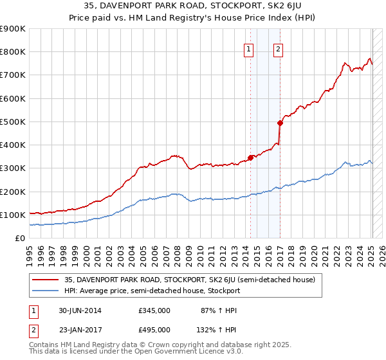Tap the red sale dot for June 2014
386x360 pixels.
point(250,157)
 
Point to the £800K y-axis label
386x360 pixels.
point(12,52)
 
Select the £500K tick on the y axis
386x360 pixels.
point(12,122)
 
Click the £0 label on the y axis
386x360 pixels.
point(19,238)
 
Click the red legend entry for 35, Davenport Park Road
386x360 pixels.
point(189,280)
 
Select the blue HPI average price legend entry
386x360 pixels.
point(152,291)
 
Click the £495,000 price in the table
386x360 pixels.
point(154,329)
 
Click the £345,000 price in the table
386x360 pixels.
point(154,310)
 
